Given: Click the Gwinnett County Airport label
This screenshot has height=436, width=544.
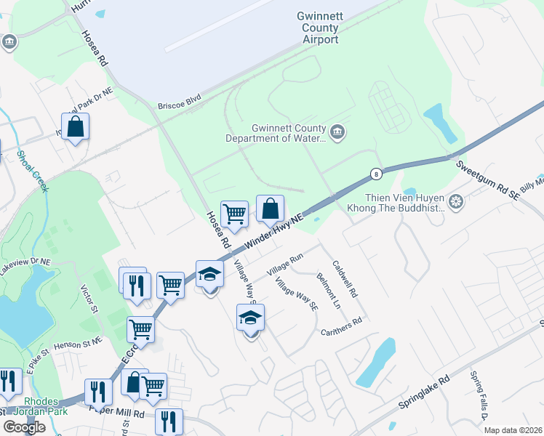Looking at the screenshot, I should click(x=318, y=28).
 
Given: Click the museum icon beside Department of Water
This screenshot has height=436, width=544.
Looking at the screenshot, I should click(x=337, y=132).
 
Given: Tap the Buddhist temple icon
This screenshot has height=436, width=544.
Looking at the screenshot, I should click(x=456, y=201).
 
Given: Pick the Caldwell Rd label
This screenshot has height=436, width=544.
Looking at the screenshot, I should click(x=345, y=280).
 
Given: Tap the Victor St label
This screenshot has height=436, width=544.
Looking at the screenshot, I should click(x=89, y=299).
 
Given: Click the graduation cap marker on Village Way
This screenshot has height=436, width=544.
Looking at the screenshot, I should click(x=250, y=318).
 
